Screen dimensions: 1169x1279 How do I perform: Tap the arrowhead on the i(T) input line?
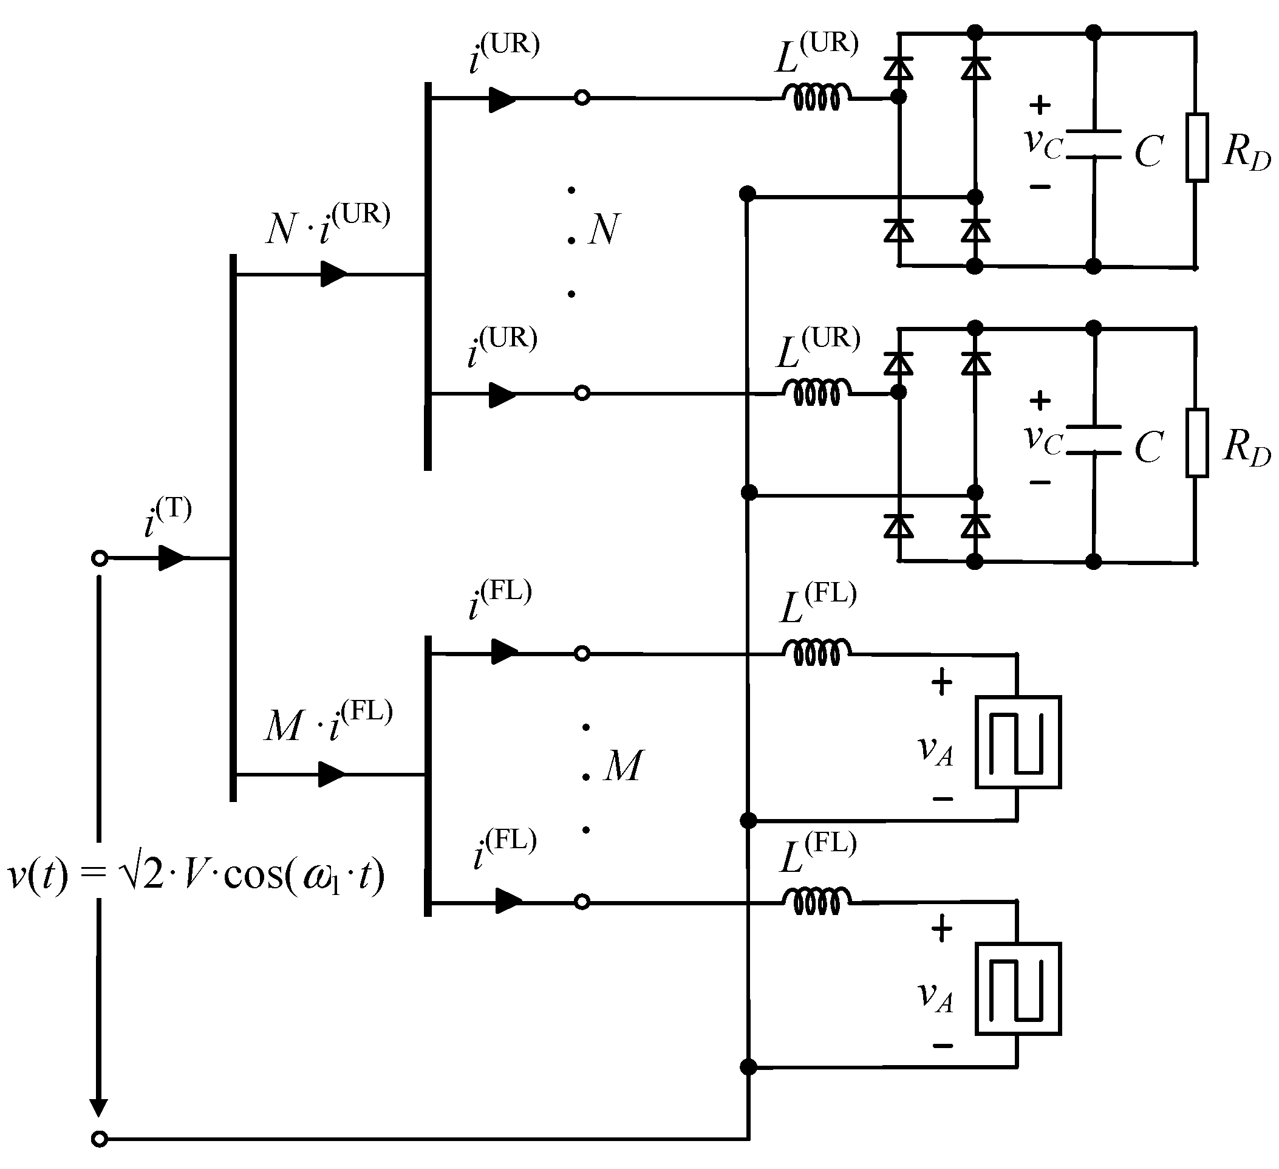(171, 558)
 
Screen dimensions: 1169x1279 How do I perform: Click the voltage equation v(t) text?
(196, 876)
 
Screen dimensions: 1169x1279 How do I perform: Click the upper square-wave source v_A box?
(1018, 742)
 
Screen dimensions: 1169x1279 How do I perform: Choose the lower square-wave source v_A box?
(1018, 989)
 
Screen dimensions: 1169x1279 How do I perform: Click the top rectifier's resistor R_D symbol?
(1196, 148)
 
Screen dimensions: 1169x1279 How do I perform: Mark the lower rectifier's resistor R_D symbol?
(1196, 443)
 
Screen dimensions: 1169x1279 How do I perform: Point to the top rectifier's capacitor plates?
(1094, 144)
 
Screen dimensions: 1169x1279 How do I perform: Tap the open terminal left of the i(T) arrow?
(99, 558)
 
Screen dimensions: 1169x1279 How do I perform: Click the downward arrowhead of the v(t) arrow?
(98, 1108)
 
